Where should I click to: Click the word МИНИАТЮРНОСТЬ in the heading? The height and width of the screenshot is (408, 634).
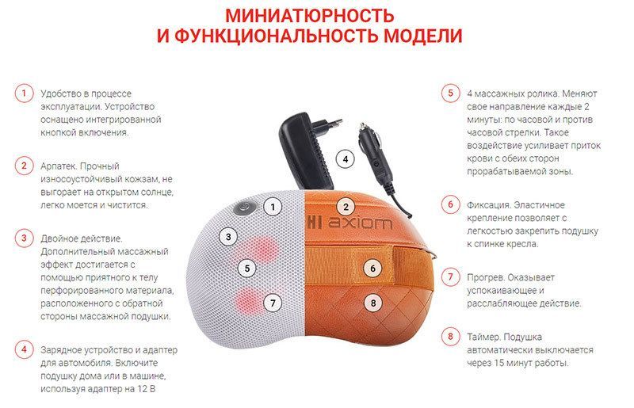[309, 15]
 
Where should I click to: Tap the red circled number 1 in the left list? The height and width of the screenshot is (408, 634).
[24, 93]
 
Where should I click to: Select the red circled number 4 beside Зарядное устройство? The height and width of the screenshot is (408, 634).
[24, 349]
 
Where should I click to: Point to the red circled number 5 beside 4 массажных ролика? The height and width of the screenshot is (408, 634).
[450, 93]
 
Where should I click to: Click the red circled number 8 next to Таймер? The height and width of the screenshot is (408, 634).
[450, 337]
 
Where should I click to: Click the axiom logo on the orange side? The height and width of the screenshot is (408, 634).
[349, 223]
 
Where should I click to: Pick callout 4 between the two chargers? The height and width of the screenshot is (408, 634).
[346, 159]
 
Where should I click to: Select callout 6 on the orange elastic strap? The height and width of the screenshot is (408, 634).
[372, 268]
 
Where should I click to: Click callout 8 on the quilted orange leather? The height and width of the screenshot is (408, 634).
[372, 303]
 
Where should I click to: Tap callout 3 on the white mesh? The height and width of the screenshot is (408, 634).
[228, 237]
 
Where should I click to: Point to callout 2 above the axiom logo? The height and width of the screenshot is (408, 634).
[346, 207]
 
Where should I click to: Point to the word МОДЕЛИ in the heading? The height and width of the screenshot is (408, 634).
[422, 36]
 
